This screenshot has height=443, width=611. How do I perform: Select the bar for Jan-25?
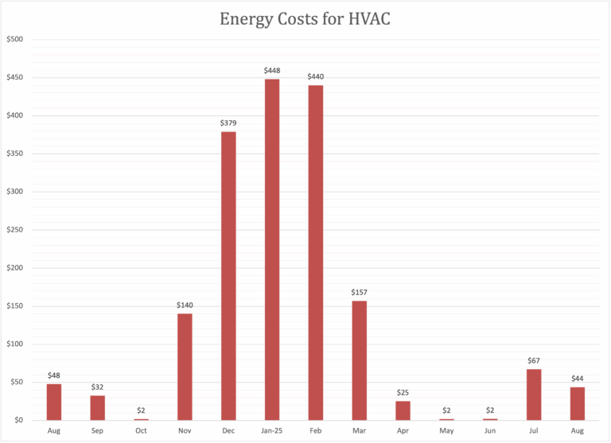coord(272,250)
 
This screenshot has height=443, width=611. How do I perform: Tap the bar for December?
coord(228,276)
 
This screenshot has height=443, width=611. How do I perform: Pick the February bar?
coord(316,253)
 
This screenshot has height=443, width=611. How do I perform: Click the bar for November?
coord(185,367)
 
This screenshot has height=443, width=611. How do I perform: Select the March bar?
coord(360,360)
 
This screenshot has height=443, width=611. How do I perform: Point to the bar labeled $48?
coord(54,402)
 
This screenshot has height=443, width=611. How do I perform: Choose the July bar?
coord(534,394)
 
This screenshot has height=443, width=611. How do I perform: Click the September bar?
coord(98,408)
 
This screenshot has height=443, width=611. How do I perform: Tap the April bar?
coord(403,410)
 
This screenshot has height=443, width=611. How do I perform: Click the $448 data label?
coord(272,71)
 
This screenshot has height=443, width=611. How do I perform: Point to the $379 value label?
coord(228,123)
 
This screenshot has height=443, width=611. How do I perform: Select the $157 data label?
coord(360,293)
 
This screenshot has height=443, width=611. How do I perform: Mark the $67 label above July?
coord(534,361)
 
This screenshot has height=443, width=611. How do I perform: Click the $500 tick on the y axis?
coord(16,40)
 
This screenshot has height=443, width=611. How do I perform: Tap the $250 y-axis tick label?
coord(16,230)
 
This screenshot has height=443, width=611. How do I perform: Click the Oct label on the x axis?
coord(141,430)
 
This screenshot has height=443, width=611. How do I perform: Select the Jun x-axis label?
coord(490,430)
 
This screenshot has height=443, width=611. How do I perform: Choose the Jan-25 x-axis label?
coord(272,430)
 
